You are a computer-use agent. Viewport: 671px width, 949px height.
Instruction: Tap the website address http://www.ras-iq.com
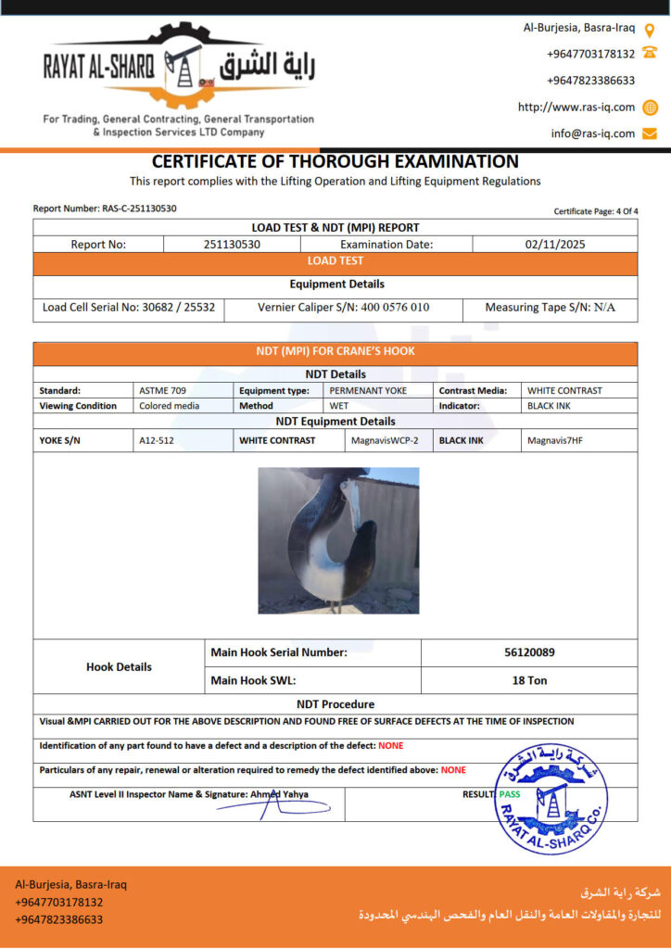(576, 108)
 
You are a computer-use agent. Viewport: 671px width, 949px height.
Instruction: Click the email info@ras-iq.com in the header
(592, 133)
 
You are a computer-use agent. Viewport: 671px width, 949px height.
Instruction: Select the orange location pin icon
(650, 29)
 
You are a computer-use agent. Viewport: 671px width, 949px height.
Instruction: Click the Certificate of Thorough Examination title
(335, 161)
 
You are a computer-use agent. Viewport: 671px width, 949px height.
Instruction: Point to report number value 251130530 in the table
(232, 245)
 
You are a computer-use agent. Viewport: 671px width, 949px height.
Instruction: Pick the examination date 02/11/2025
(554, 245)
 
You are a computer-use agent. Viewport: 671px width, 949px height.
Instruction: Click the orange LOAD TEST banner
(335, 261)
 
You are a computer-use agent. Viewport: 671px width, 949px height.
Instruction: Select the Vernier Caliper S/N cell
(343, 307)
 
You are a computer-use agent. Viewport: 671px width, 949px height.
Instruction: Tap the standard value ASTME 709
(162, 390)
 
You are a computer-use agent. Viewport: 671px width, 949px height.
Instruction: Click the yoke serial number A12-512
(157, 440)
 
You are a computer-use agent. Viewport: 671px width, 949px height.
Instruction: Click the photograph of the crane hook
(338, 540)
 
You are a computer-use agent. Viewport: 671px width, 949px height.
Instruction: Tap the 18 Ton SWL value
(529, 680)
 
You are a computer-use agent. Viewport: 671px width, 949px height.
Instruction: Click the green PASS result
(510, 794)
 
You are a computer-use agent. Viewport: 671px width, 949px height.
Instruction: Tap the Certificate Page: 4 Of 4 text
(596, 211)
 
